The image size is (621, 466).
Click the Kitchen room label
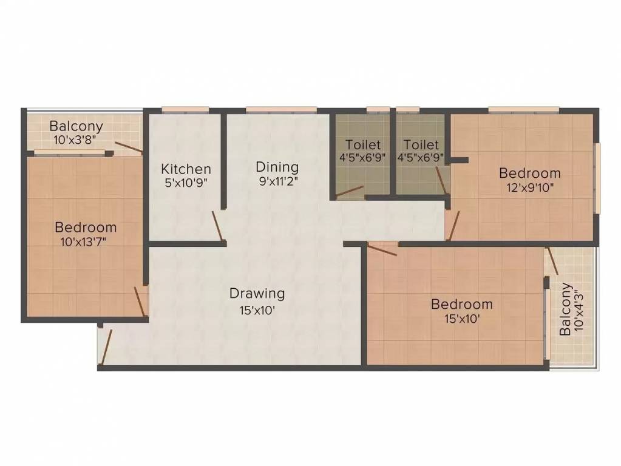point(186,169)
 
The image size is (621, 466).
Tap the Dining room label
point(277,166)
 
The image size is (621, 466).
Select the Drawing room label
point(257,294)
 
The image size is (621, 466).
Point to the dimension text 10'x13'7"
point(86,241)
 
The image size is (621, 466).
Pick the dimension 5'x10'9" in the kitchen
point(186,182)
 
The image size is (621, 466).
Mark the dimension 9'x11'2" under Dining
point(277,180)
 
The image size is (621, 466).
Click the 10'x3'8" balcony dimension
point(76,140)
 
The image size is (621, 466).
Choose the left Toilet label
point(363,145)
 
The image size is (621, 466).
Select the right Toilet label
point(421,145)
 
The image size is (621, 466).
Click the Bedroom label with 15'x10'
point(461,304)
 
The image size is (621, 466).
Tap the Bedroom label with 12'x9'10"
point(529,174)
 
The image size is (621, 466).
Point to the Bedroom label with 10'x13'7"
point(86,228)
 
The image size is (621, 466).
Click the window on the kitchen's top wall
point(185,110)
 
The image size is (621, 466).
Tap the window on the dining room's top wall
point(281,110)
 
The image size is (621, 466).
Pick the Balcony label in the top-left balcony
point(76,127)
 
